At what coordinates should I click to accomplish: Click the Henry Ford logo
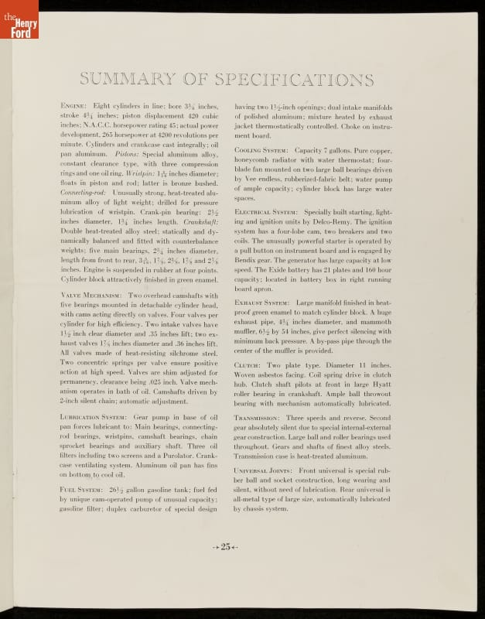pyautogui.click(x=19, y=19)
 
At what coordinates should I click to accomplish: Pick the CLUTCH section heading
pyautogui.click(x=247, y=364)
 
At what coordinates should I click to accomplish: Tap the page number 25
pyautogui.click(x=226, y=546)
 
